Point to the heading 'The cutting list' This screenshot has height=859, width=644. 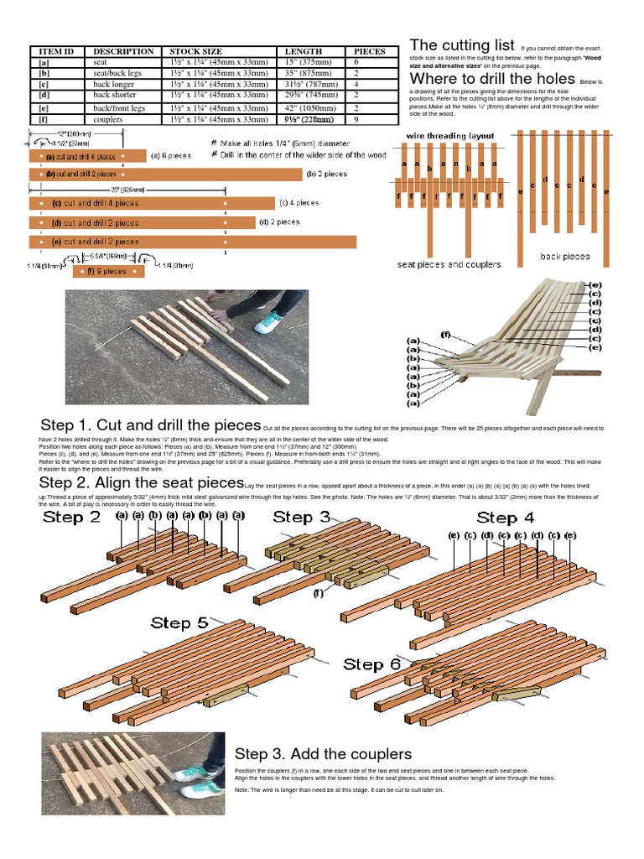click(x=460, y=45)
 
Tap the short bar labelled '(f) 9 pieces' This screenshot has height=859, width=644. click(x=109, y=271)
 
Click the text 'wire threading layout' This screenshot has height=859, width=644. click(x=449, y=135)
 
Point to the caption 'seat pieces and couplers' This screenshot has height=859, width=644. click(x=449, y=264)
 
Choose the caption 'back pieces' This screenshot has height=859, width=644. click(x=564, y=257)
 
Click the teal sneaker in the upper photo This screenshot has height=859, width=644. click(x=269, y=322)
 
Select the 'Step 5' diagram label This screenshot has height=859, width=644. click(x=179, y=622)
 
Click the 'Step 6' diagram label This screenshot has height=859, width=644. click(x=372, y=664)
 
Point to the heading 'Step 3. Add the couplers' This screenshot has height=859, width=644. click(x=323, y=753)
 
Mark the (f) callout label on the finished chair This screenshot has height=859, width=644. click(x=445, y=334)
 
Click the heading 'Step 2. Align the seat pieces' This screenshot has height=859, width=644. click(x=141, y=483)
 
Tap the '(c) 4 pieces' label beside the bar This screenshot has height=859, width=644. click(x=299, y=202)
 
